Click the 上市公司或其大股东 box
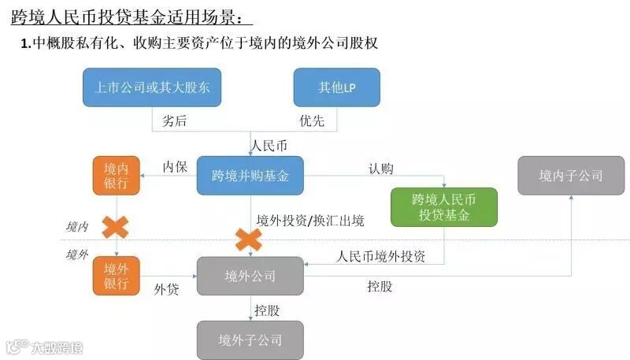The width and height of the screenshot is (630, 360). click(152, 87)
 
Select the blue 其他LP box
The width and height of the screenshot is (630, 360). click(337, 87)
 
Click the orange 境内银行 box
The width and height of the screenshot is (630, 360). click(116, 176)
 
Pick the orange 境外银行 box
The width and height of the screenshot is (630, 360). click(116, 276)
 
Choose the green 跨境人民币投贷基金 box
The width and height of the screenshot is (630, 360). click(444, 207)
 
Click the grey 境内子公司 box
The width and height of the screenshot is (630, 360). click(570, 176)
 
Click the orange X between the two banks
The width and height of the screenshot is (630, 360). click(116, 228)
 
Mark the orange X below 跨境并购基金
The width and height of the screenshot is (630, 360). click(249, 238)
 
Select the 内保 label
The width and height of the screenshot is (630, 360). click(175, 167)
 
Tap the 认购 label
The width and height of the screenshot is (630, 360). click(380, 167)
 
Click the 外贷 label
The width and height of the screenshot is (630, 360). click(166, 289)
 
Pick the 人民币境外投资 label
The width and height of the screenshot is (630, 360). click(380, 256)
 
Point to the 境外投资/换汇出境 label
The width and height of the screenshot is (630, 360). click(310, 221)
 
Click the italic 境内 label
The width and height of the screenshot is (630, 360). click(76, 227)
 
